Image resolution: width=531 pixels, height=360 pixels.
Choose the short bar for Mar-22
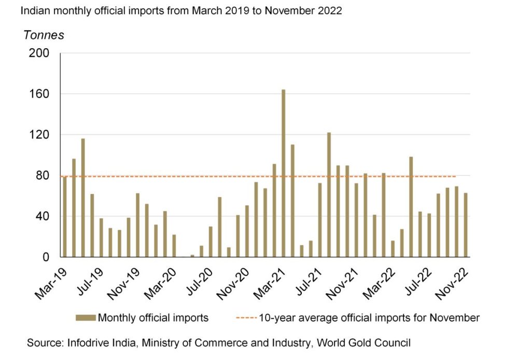[x=393, y=248]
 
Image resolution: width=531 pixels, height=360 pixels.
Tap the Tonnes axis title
[x=44, y=35]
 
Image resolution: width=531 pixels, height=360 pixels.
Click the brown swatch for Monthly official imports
[x=86, y=317]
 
